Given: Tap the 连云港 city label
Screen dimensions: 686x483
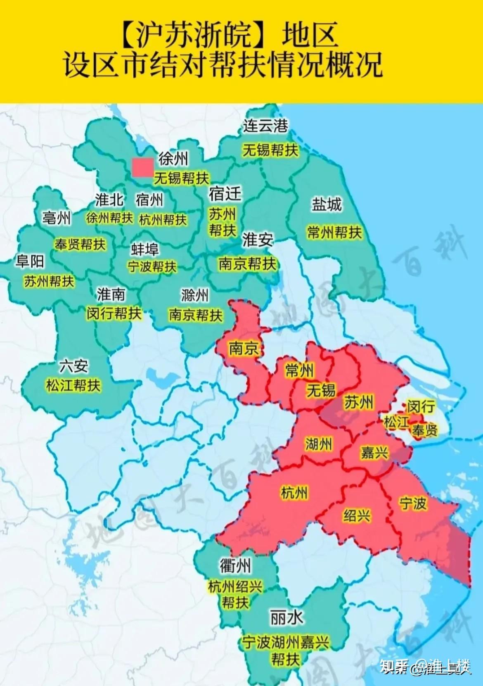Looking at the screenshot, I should point(265,126).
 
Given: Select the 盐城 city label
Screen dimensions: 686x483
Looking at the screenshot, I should point(327,204).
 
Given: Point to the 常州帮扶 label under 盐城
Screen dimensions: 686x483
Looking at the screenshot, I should point(334,232).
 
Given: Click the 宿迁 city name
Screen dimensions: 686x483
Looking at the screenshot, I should point(225,193).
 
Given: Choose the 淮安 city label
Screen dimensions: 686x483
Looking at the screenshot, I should point(258,240).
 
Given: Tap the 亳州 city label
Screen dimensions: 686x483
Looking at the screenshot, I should point(56,218).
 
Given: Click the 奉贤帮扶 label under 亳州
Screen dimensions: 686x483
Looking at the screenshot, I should point(80,244).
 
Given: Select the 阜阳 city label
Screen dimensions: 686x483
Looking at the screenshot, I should point(30,261).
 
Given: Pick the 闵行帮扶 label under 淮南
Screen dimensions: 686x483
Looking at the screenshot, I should point(114,313).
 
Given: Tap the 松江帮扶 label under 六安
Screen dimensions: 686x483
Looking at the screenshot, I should point(73,385).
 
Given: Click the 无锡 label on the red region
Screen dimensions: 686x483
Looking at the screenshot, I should point(321,390).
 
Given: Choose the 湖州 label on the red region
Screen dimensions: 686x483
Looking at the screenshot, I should point(318,444).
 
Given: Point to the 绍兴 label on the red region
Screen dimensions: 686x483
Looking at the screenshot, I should point(357,515).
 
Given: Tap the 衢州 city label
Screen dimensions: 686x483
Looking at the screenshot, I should point(235,565).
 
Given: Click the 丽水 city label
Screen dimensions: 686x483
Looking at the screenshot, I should point(286,618).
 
